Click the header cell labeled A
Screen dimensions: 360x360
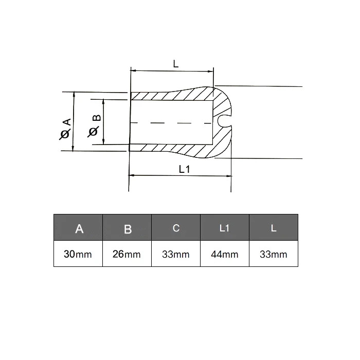(x=78, y=227)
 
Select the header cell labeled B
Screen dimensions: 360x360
(x=127, y=227)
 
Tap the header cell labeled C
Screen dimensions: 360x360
(x=176, y=227)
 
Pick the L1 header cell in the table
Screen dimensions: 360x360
(x=225, y=227)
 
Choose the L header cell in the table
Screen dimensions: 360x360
(x=274, y=227)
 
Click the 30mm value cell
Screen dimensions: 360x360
(x=78, y=254)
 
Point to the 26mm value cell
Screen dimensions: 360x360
(x=127, y=254)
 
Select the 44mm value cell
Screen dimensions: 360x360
(x=225, y=254)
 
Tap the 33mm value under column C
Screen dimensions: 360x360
(x=176, y=254)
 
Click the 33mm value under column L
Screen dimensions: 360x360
(x=274, y=254)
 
